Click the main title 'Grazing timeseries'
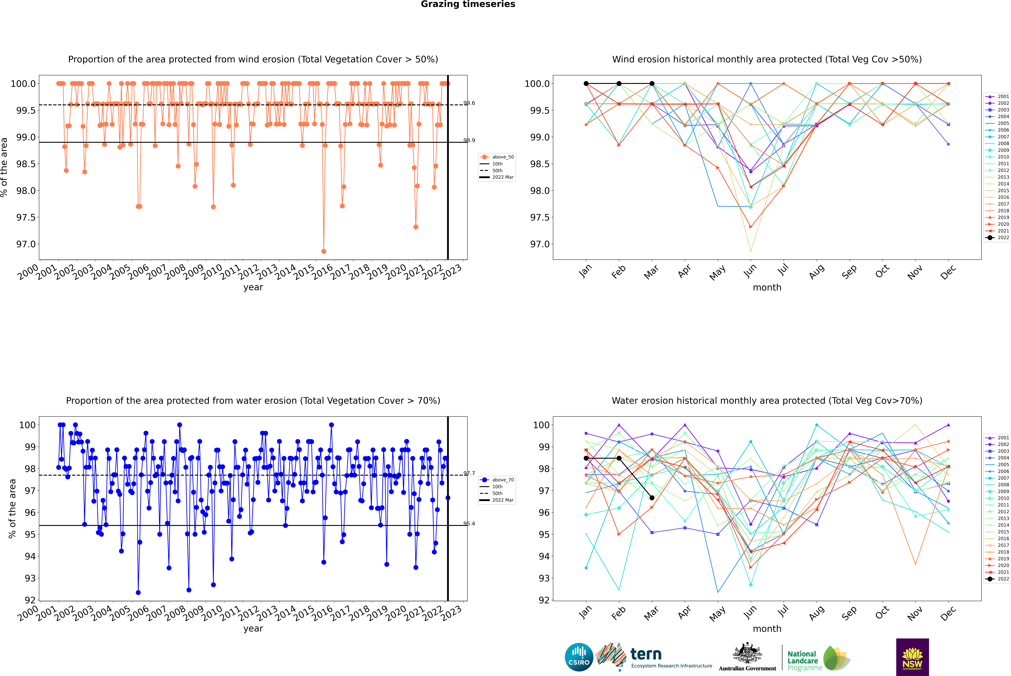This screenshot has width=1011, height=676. click(x=468, y=4)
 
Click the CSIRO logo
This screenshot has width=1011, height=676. click(x=579, y=657)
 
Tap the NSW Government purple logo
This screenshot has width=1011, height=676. click(x=912, y=657)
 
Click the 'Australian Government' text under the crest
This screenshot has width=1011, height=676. click(x=747, y=668)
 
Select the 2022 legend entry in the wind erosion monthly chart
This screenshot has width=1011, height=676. click(x=997, y=238)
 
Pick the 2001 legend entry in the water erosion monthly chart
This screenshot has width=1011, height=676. click(x=997, y=438)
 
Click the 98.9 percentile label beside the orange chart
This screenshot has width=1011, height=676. click(x=469, y=141)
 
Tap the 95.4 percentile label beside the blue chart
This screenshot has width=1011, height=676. click(x=469, y=524)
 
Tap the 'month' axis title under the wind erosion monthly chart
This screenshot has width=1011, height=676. click(x=767, y=288)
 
